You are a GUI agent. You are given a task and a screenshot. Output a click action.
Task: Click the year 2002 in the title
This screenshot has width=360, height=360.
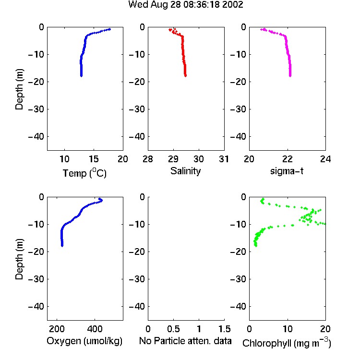click(x=233, y=4)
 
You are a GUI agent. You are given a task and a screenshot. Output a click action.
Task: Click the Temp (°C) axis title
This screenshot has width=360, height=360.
click(x=84, y=173)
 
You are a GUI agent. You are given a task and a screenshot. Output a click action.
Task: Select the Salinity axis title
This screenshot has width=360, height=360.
click(x=185, y=171)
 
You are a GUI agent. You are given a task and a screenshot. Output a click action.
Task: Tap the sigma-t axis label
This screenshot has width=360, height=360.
click(x=287, y=171)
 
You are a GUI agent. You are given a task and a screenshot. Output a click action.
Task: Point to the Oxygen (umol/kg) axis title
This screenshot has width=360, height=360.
click(x=84, y=341)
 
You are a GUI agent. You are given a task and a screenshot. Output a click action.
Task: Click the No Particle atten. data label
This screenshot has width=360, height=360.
click(x=185, y=341)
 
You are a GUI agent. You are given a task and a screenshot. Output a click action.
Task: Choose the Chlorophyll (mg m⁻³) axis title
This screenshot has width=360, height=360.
click(x=287, y=343)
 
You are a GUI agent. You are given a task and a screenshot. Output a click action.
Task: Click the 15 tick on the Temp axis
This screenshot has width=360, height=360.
click(x=94, y=159)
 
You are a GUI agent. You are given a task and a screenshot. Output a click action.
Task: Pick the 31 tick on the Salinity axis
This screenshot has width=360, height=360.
click(x=224, y=159)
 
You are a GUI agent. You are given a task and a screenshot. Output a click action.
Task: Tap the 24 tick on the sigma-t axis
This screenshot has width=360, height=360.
click(x=325, y=159)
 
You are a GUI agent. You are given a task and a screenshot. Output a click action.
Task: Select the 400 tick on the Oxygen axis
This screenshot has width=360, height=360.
click(x=95, y=329)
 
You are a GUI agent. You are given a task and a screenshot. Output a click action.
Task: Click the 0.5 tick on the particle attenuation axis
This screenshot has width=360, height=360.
click(x=173, y=329)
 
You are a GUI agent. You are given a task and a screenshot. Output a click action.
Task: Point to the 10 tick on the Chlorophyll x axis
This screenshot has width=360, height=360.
click(x=288, y=329)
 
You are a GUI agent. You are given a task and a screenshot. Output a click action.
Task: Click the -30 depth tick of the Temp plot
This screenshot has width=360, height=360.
click(x=36, y=109)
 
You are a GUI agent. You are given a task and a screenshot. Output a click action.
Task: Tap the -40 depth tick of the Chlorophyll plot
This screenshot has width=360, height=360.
click(x=238, y=306)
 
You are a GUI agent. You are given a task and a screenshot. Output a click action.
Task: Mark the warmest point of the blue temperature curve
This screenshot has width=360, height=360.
click(x=110, y=29)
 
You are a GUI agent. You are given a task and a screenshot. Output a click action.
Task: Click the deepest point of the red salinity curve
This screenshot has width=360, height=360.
click(x=185, y=75)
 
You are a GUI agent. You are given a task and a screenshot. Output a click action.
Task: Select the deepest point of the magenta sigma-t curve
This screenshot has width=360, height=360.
click(x=290, y=75)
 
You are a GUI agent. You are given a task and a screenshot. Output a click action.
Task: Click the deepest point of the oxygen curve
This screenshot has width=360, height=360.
click(x=62, y=246)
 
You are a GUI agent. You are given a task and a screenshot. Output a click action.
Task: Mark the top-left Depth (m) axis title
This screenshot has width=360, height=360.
click(x=19, y=89)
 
